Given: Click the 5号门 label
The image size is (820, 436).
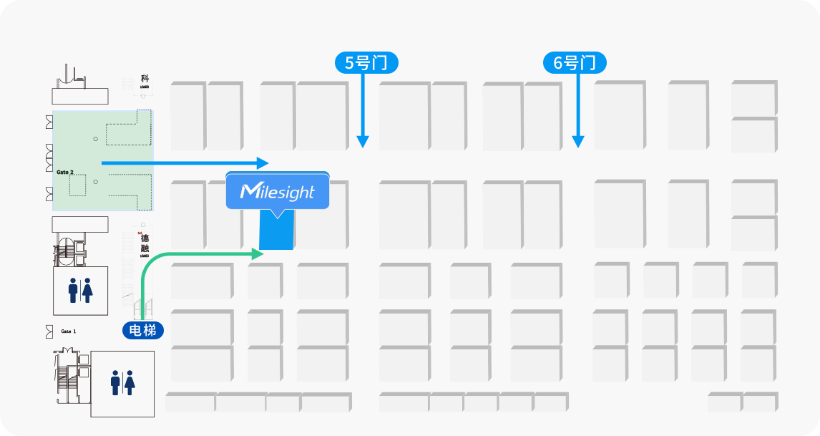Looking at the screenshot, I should (x=366, y=63).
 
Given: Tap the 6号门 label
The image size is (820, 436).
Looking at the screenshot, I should (x=574, y=63).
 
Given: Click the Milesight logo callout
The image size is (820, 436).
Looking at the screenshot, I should (x=278, y=191).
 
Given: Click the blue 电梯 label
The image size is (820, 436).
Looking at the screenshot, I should (x=143, y=330).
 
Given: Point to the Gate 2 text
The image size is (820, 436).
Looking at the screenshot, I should (x=65, y=173).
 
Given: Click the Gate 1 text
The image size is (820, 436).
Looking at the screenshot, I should (x=69, y=331).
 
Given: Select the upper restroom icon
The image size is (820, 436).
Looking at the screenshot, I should (x=80, y=290).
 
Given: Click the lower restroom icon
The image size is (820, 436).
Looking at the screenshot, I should (x=122, y=383).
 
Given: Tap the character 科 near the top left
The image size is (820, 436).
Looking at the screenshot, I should (x=145, y=79).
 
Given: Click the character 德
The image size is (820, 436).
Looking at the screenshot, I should (x=145, y=238).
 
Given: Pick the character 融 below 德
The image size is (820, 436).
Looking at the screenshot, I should (x=145, y=248).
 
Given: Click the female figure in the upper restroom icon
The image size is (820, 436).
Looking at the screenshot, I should (x=87, y=290).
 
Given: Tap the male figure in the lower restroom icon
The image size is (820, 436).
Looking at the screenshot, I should (x=115, y=383).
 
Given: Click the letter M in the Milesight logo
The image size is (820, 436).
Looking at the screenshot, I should (x=250, y=191).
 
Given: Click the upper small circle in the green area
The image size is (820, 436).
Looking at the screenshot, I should (x=95, y=138).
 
